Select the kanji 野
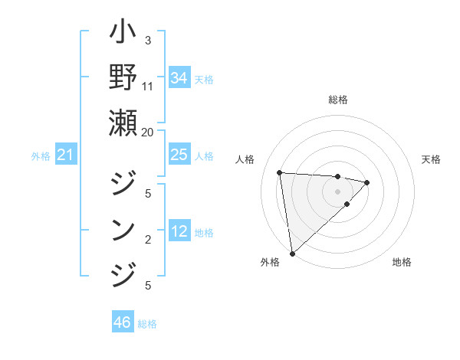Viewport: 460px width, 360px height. tap(123, 79)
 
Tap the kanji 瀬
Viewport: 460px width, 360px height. tap(123, 123)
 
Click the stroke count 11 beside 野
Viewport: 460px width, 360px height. tap(148, 85)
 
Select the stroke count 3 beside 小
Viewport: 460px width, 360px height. tap(148, 40)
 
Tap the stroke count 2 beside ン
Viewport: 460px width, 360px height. tap(148, 240)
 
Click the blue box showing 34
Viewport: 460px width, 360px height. tap(179, 78)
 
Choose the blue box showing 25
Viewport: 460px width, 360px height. tap(179, 155)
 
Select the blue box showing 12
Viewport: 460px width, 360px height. tap(179, 231)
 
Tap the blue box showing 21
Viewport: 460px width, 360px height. tap(65, 155)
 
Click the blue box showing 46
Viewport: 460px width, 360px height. tap(122, 322)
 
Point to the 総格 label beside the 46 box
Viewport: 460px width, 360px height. tap(147, 324)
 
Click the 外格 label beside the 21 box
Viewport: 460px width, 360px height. tap(41, 156)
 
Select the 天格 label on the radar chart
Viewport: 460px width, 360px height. tap(431, 159)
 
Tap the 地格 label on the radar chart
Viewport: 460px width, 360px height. tap(402, 262)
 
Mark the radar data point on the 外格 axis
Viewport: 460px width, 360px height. tap(292, 253)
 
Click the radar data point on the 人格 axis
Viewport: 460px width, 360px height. tap(280, 172)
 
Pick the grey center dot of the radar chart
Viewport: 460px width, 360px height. tap(337, 191)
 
